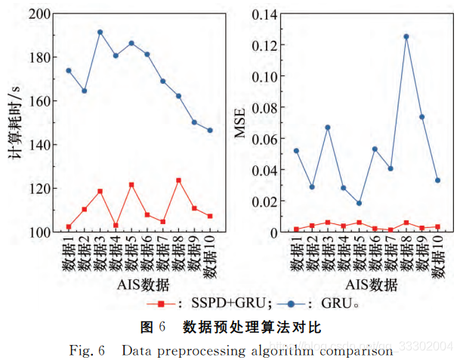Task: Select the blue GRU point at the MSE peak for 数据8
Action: tap(406, 36)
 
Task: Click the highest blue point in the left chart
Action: tap(100, 32)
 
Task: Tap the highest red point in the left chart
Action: tap(178, 180)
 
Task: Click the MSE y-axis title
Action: tap(240, 124)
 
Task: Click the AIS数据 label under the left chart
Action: tap(144, 285)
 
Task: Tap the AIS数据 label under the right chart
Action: tap(372, 285)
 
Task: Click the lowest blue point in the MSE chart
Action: tap(359, 203)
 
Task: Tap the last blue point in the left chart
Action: tap(210, 131)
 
